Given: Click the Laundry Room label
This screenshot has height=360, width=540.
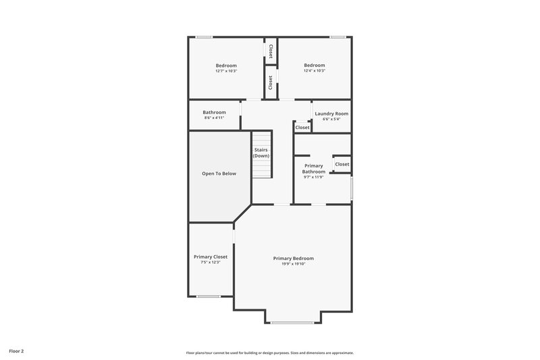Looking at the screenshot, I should (331, 113).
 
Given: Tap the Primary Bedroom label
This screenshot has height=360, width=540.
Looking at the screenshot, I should (293, 258).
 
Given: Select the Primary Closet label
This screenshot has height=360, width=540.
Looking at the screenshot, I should (211, 257).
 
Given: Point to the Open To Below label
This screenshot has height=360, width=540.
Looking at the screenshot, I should (219, 174).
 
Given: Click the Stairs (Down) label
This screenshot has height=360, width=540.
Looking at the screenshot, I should (261, 153).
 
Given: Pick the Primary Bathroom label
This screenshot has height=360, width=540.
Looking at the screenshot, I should (313, 168).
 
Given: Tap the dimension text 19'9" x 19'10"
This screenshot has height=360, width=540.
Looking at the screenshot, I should (293, 264).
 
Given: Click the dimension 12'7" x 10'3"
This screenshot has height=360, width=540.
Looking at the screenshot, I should (226, 71).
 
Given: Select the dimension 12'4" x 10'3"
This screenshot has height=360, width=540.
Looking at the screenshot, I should (315, 71).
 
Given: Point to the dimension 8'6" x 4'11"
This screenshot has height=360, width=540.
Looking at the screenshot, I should (214, 118).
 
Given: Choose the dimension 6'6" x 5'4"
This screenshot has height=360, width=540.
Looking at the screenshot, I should (331, 120).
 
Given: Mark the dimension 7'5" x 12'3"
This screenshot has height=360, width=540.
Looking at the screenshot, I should (211, 262).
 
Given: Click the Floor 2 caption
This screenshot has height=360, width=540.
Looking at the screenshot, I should (17, 351).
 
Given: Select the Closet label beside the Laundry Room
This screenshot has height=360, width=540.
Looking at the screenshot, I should (302, 127).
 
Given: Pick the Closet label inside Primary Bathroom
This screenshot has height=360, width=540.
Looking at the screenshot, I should (342, 164).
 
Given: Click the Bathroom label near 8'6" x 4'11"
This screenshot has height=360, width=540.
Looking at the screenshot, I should (214, 112).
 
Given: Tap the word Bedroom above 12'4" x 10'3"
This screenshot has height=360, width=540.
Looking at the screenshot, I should (315, 66).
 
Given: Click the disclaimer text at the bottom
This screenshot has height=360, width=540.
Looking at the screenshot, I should (270, 353).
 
